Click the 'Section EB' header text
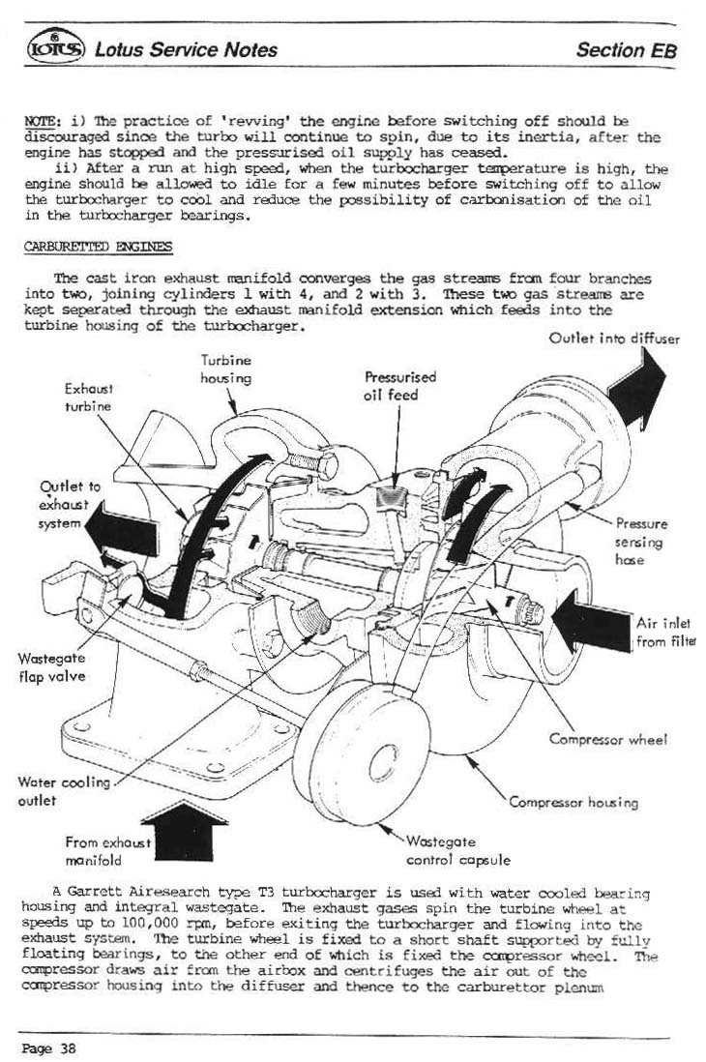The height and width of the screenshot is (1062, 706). click(625, 50)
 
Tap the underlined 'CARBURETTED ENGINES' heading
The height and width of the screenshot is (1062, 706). click(97, 247)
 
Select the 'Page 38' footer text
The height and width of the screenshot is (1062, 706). click(48, 1047)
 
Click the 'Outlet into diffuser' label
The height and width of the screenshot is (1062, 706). click(614, 339)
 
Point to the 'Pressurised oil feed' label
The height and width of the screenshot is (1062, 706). click(399, 386)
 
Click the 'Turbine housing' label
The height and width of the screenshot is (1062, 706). click(225, 369)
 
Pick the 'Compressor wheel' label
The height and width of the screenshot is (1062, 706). click(607, 740)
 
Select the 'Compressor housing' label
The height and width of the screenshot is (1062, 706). click(574, 802)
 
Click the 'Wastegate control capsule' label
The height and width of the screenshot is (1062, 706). click(456, 850)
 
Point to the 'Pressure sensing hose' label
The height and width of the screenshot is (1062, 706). click(641, 542)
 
